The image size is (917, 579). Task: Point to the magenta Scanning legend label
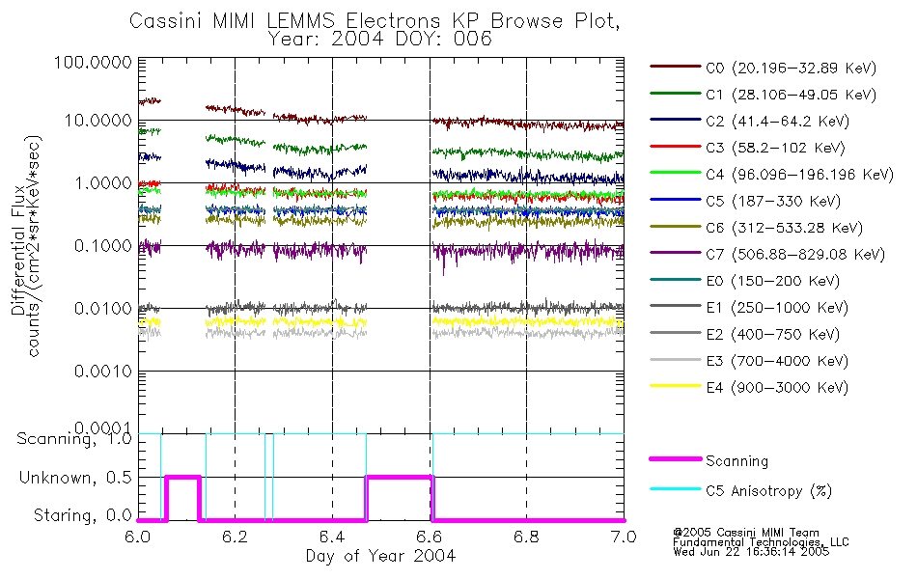(x=737, y=461)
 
